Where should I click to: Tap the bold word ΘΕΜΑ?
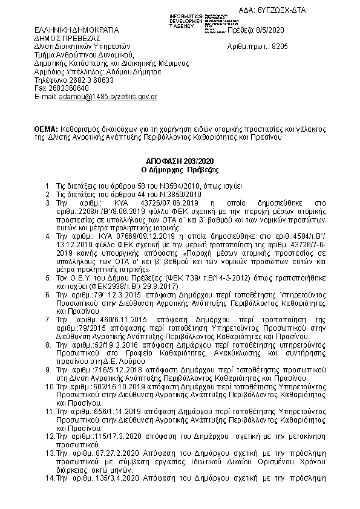pos(46,129)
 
